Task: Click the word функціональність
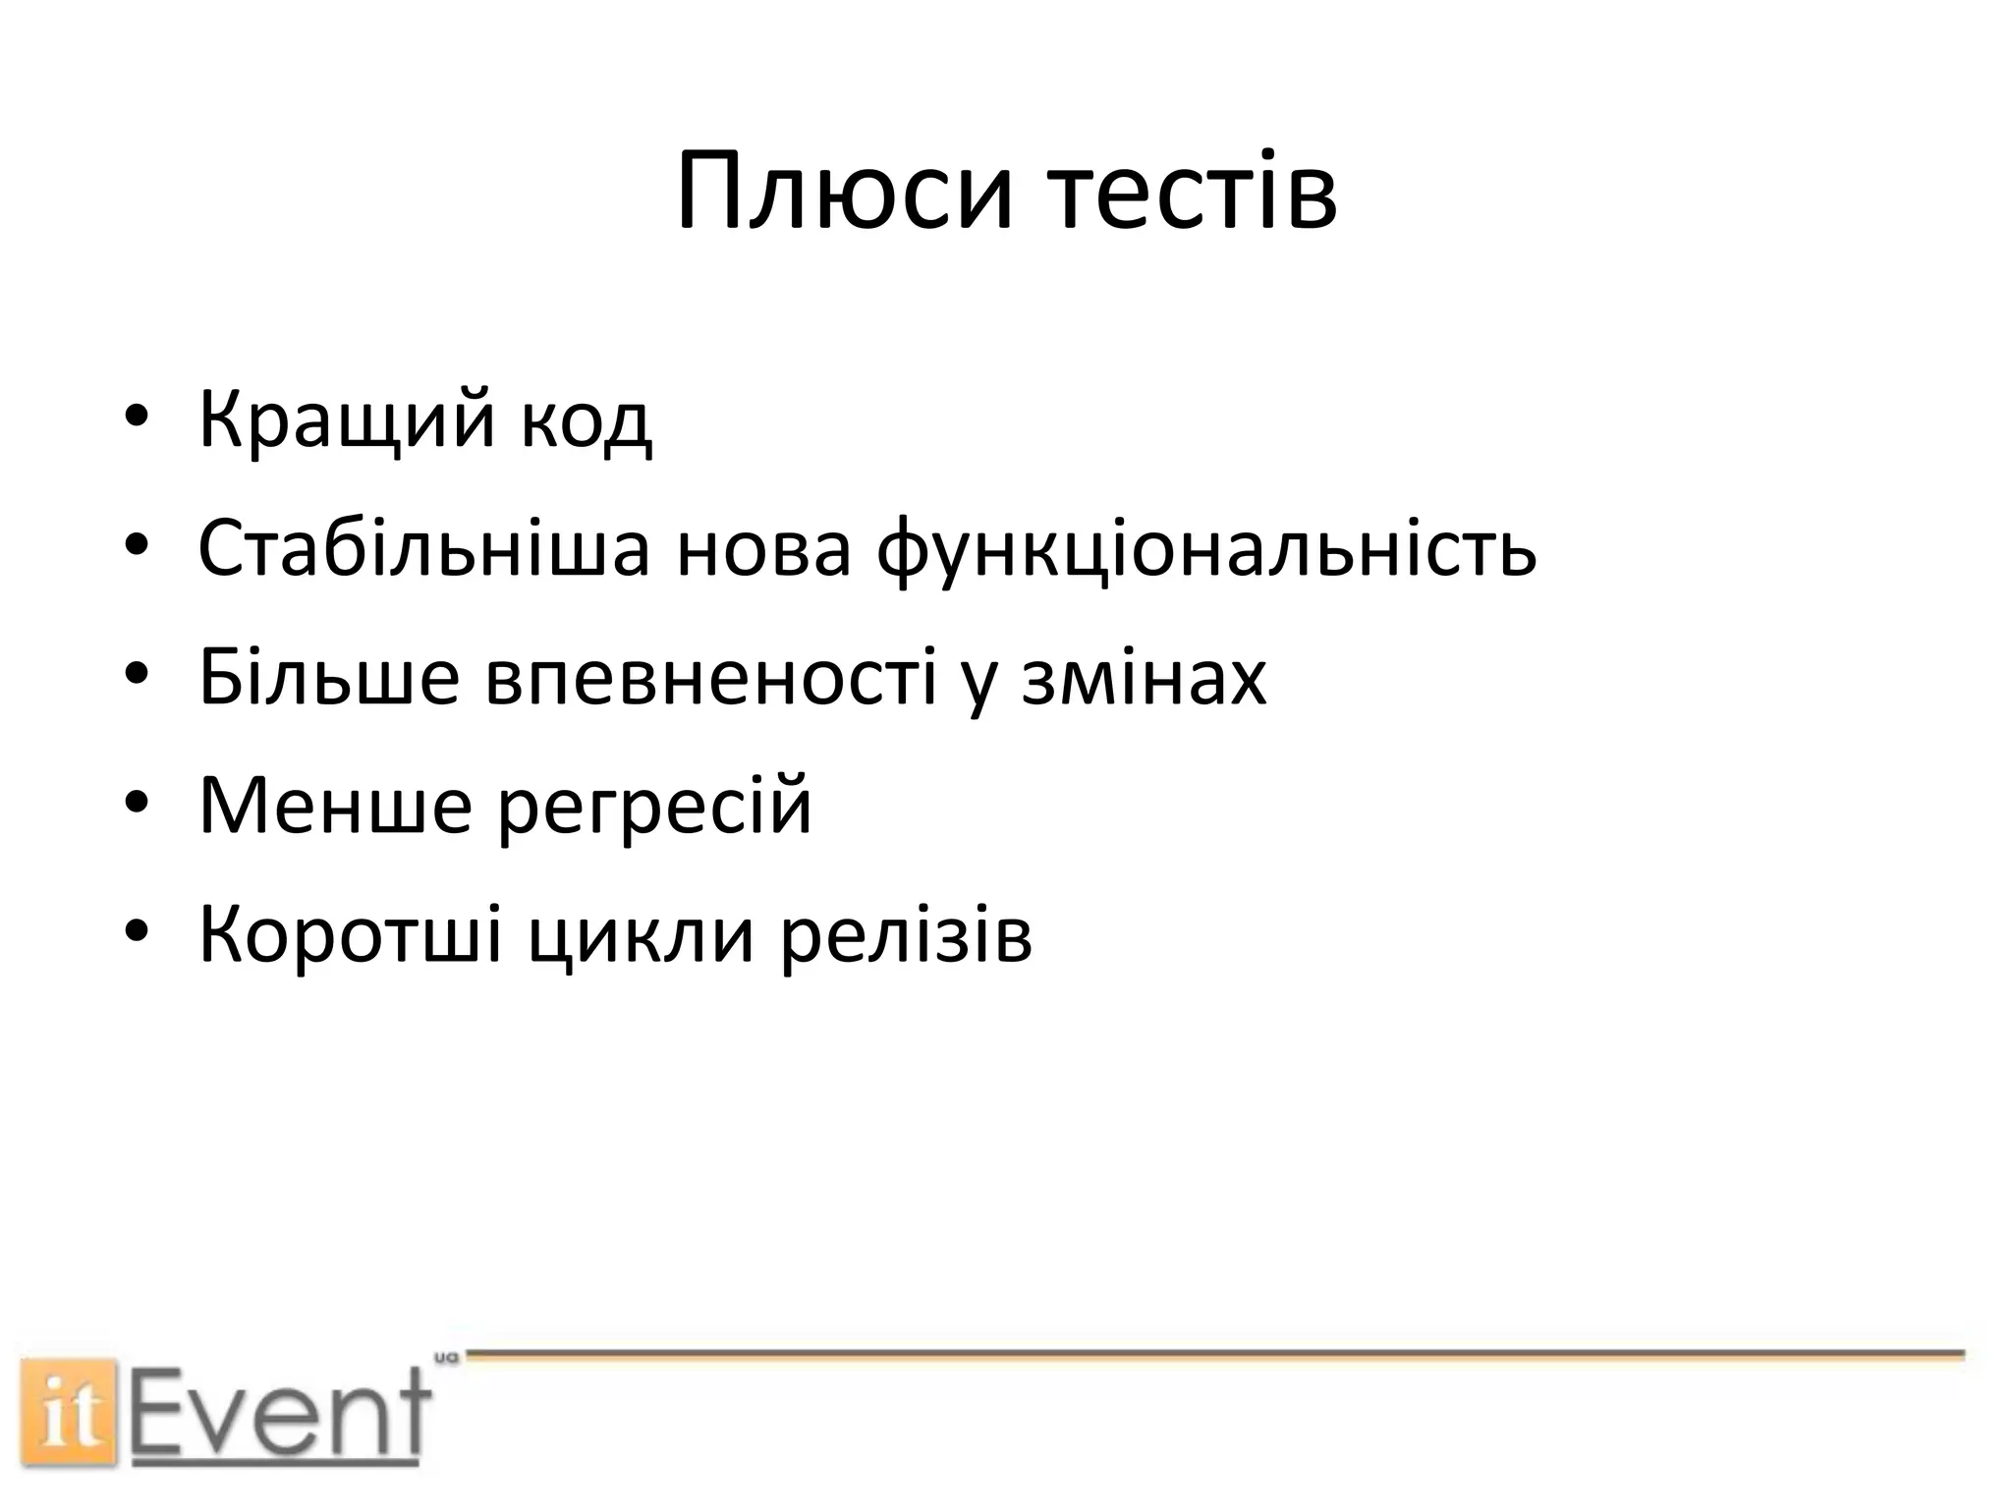pos(1205,547)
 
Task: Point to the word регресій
pos(654,805)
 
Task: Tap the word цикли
pos(642,933)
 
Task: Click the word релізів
pos(907,933)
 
